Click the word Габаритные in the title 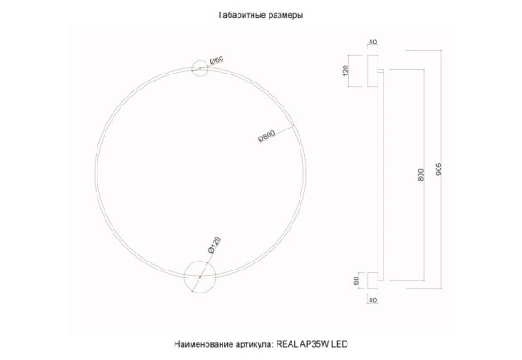tap(241, 16)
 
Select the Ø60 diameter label tap(216, 61)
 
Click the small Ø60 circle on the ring tap(201, 69)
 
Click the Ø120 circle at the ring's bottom tap(199, 276)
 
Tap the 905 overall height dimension tap(440, 168)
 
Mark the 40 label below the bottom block tap(372, 301)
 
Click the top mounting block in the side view tap(371, 72)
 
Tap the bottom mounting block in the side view tap(372, 279)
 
